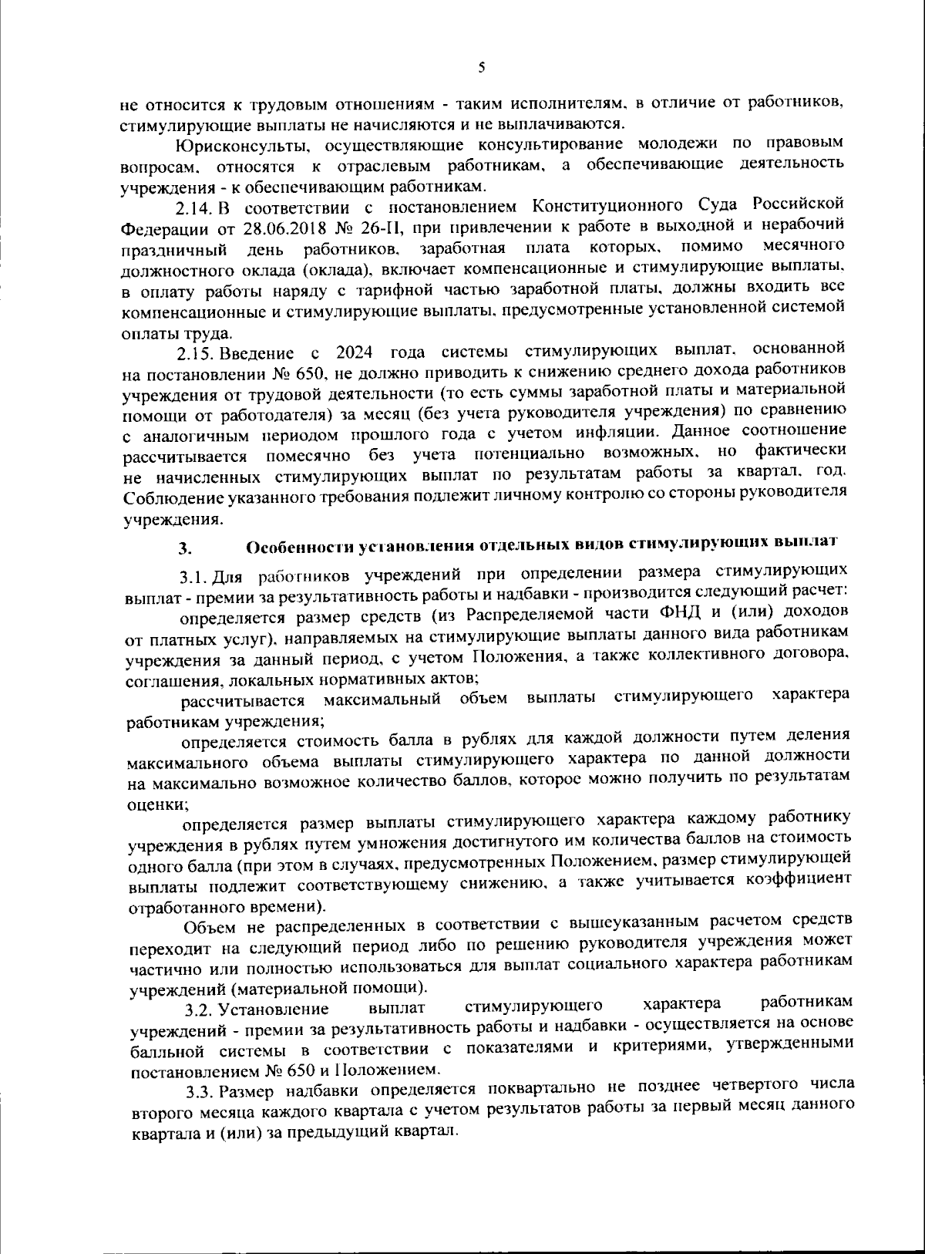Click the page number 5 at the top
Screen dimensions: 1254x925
click(x=481, y=68)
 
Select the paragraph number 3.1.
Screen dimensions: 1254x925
click(x=194, y=577)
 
